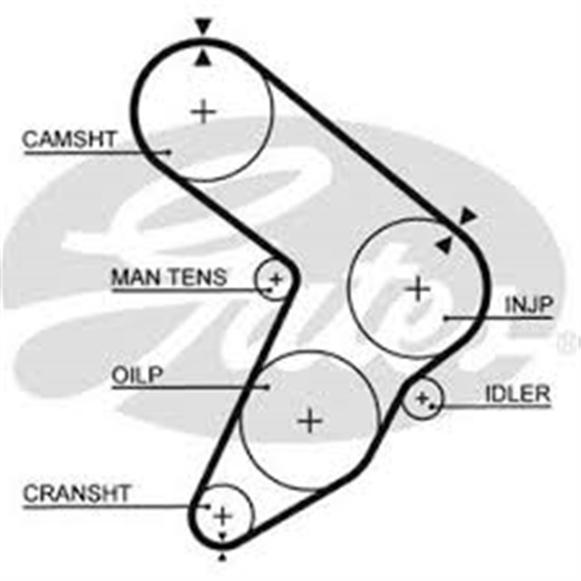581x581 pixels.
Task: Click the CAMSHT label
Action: click(69, 139)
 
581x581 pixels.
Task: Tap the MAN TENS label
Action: click(169, 277)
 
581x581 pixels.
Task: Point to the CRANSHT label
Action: click(77, 494)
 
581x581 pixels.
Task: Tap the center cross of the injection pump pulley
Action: click(418, 290)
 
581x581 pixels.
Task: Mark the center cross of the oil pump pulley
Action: click(310, 420)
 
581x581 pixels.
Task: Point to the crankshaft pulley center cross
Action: click(222, 516)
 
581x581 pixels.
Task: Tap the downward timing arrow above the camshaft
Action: click(202, 27)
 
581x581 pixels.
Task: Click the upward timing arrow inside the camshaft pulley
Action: click(204, 58)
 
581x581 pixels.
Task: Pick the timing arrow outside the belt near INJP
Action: click(468, 215)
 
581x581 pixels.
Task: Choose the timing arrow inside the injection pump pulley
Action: click(443, 244)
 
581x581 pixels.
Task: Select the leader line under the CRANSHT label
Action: click(109, 507)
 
